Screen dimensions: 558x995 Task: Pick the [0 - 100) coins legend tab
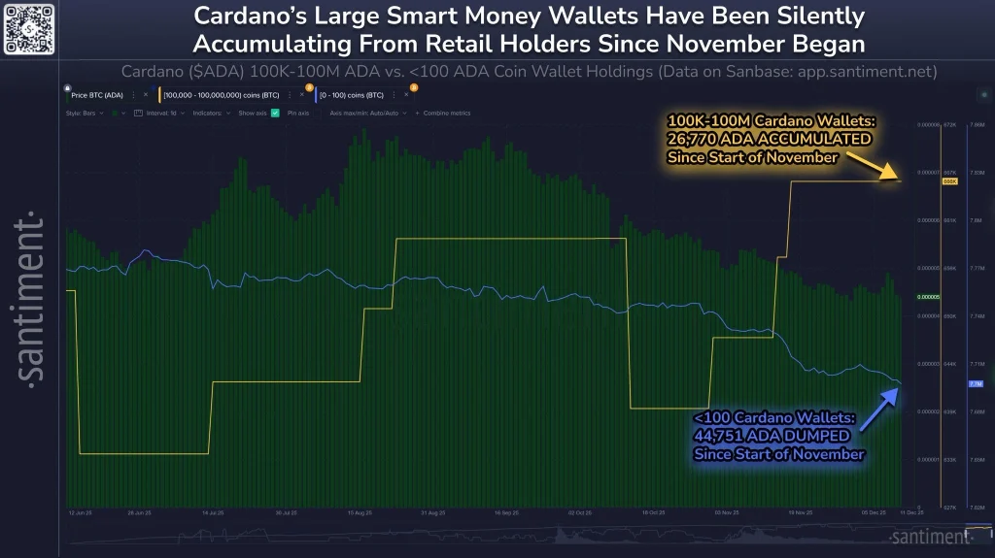click(x=356, y=94)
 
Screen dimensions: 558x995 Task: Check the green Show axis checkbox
click(x=275, y=114)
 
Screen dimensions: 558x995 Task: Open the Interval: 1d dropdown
click(x=155, y=114)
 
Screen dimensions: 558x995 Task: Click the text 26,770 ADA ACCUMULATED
click(x=769, y=139)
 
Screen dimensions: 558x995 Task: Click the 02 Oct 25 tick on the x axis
click(x=581, y=510)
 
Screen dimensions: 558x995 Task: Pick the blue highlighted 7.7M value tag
click(x=977, y=384)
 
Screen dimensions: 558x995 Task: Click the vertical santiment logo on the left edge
click(x=32, y=296)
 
